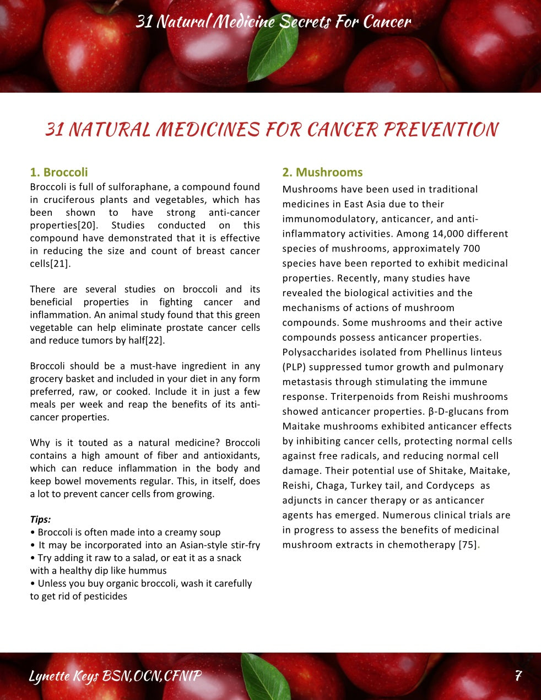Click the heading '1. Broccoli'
coord(58,172)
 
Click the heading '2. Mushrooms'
coord(322,172)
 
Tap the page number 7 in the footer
coord(518,676)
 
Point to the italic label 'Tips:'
coord(40,519)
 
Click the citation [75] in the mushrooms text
coord(467,545)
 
